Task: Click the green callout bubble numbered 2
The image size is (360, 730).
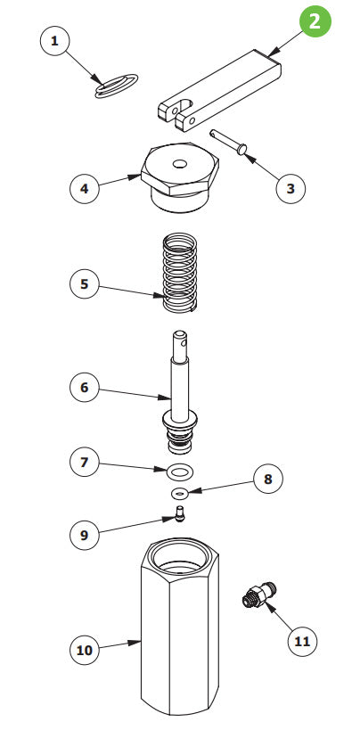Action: coord(315,21)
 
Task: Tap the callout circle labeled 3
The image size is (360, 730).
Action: coord(291,188)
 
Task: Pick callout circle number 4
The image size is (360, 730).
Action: coord(85,188)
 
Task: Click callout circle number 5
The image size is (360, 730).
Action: coord(85,284)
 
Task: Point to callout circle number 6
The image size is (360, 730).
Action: coord(85,388)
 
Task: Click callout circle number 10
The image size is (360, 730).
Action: coord(85,649)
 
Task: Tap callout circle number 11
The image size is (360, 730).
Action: coord(302,640)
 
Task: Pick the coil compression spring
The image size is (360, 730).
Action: coord(181,272)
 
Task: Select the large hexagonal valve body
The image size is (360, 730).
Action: coord(181,633)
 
